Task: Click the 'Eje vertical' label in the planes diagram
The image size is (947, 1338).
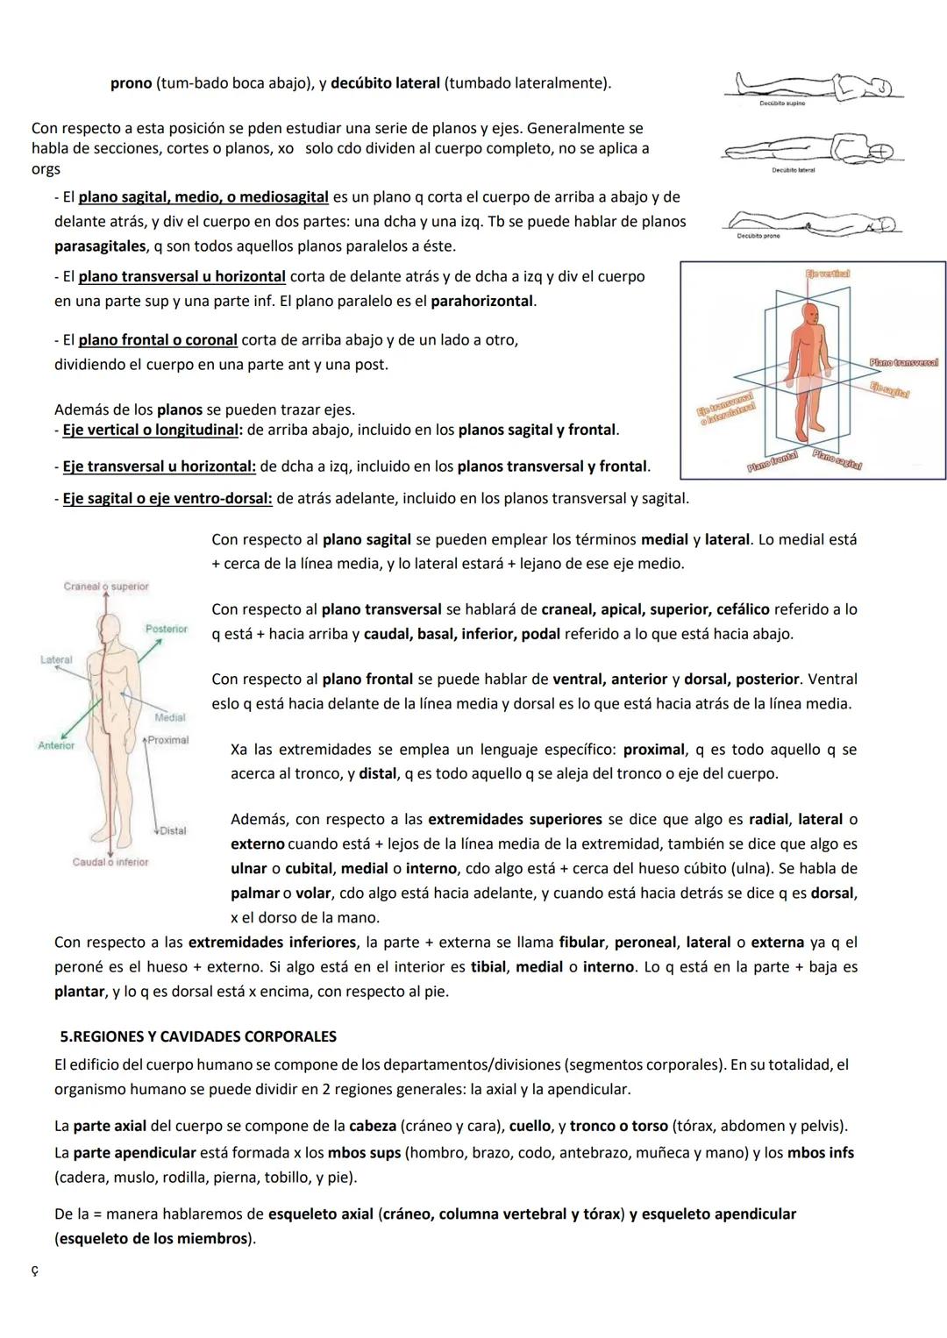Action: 828,274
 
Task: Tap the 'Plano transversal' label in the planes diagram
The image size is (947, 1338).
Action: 904,362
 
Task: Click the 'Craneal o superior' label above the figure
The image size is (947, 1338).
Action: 106,587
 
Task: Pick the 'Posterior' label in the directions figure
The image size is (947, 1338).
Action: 167,629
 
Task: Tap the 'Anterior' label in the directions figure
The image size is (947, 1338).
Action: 56,745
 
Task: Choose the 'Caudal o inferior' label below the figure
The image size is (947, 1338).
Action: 110,862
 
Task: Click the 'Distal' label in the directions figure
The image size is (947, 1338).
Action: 173,830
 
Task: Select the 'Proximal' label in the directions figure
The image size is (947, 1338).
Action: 168,740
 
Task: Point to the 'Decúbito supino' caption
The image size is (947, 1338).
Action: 782,103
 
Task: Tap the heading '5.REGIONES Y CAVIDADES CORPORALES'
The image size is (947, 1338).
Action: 198,1036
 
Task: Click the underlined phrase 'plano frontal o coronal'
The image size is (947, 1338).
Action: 158,339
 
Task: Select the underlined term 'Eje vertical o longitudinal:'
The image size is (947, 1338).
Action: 153,430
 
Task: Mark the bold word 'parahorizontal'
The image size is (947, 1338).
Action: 482,301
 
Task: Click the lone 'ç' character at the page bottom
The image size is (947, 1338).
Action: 34,1270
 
